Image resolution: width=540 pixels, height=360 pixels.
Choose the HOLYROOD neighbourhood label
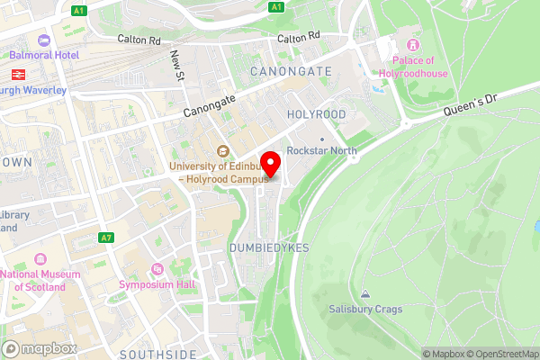pos(316,114)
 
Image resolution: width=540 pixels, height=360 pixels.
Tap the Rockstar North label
pos(321,150)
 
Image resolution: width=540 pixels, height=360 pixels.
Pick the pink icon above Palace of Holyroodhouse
pos(414,44)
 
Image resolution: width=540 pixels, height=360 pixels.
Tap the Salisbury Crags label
pos(365,309)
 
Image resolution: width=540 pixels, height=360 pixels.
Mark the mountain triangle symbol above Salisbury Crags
pos(365,293)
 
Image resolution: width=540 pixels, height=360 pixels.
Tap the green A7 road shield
pos(107,237)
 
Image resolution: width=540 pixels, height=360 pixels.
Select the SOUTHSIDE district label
pos(157,354)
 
